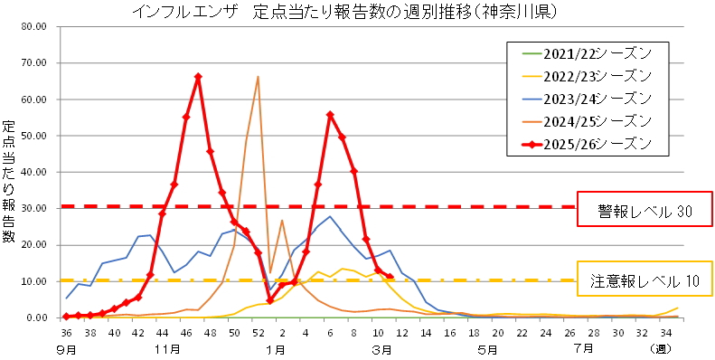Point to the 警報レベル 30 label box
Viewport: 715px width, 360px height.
tap(644, 212)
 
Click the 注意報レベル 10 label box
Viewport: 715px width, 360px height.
tap(644, 279)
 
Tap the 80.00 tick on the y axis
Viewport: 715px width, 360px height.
tap(33, 26)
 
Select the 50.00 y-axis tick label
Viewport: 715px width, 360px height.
tap(33, 136)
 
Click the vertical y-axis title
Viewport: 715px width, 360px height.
tap(10, 181)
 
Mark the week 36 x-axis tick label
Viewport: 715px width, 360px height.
tap(66, 333)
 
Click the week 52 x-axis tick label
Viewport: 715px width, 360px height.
tap(258, 333)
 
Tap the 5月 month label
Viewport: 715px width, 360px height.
tap(488, 348)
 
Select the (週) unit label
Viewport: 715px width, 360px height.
tap(690, 348)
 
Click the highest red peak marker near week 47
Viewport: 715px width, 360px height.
tap(198, 77)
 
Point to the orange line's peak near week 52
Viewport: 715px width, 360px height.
tap(258, 77)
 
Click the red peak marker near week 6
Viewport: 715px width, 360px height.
tap(330, 115)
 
